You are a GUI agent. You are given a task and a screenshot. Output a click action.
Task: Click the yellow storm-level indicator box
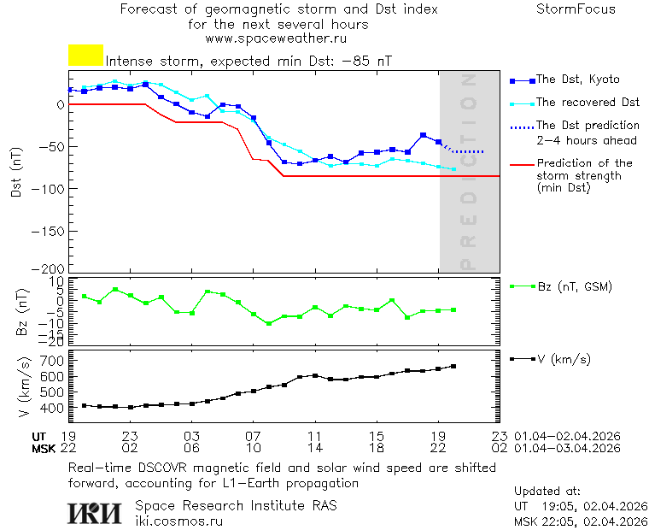point(85,56)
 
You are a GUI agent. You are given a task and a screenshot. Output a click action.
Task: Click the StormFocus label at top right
point(576,9)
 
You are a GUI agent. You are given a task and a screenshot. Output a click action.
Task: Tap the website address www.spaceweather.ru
point(275,38)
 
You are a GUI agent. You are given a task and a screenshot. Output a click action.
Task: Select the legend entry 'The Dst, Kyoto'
point(577,79)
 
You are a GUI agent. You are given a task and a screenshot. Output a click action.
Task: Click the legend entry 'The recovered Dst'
point(588,103)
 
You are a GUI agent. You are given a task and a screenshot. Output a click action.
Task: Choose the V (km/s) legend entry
point(563,359)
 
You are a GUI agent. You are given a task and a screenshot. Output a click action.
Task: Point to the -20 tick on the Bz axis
point(53,341)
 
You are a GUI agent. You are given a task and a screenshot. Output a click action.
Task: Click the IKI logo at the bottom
point(96,512)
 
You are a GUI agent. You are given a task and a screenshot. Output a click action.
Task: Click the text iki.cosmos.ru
point(179,520)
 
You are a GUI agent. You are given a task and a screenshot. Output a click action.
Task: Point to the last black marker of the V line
point(453,366)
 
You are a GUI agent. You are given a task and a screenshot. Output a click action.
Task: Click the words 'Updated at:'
point(547,492)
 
